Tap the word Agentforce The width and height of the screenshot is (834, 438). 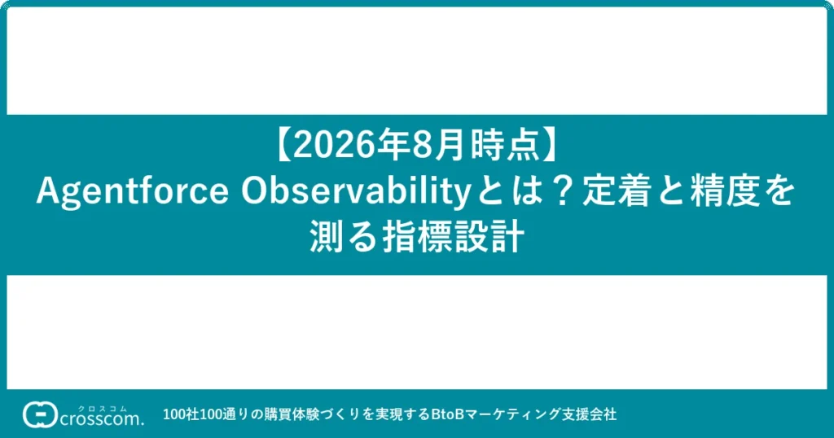pyautogui.click(x=133, y=191)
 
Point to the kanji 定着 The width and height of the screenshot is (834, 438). pyautogui.click(x=617, y=191)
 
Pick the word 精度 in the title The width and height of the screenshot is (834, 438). pyautogui.click(x=726, y=191)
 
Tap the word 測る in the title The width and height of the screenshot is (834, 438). pyautogui.click(x=344, y=237)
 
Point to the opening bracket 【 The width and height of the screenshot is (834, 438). pyautogui.click(x=283, y=146)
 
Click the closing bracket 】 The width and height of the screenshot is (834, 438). pyautogui.click(x=551, y=146)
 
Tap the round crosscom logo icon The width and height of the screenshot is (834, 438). pyautogui.click(x=40, y=415)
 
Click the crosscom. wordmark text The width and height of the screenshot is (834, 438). pyautogui.click(x=102, y=418)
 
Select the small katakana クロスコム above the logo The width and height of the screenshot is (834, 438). pyautogui.click(x=102, y=408)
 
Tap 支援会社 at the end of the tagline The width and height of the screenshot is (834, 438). pyautogui.click(x=589, y=414)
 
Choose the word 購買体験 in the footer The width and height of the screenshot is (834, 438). pyautogui.click(x=292, y=414)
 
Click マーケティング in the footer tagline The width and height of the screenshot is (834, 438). pyautogui.click(x=512, y=414)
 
